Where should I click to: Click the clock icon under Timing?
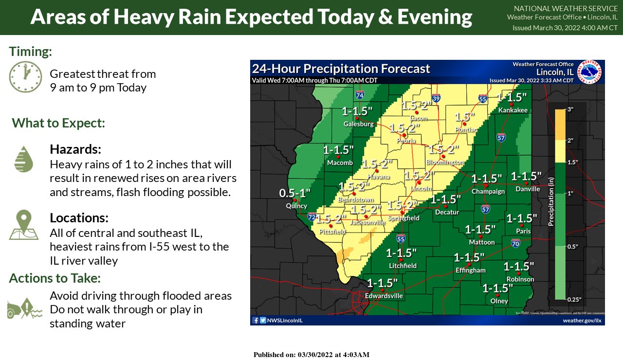pos(26,77)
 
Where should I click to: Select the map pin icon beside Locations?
pos(23,225)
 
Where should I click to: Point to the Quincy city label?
pos(296,206)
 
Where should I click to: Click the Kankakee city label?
pos(513,110)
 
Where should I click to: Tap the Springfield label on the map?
pos(403,218)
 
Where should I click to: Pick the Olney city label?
pos(499,301)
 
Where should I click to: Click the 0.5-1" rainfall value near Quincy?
pos(294,193)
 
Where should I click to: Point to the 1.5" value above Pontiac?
pos(464,117)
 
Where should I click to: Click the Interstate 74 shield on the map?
pos(360,95)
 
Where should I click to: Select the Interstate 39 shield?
pos(436,98)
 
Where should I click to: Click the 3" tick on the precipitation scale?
pos(571,109)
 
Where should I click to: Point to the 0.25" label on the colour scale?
pos(575,299)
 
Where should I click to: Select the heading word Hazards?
pos(75,149)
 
